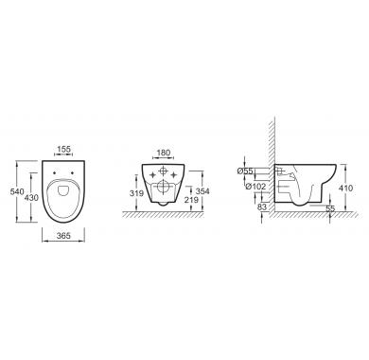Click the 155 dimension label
click(x=64, y=149)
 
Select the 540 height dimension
click(x=17, y=191)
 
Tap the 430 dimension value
click(x=31, y=198)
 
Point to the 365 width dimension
click(x=63, y=236)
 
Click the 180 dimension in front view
click(x=164, y=153)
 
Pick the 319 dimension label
click(x=136, y=193)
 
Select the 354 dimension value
click(x=202, y=191)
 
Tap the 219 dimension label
click(x=191, y=200)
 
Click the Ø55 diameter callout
click(x=245, y=171)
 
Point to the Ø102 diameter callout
click(x=255, y=187)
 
